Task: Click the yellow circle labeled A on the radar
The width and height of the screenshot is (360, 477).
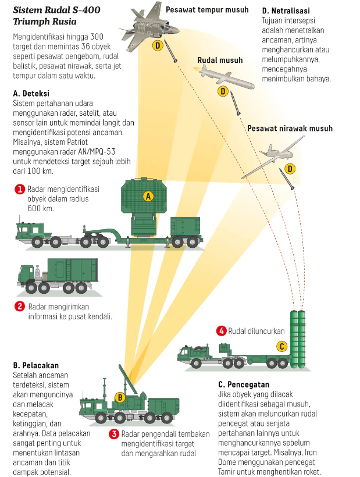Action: tap(148, 196)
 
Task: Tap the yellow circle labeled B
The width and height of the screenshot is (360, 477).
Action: tap(120, 398)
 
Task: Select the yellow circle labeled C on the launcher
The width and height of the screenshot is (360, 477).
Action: tap(281, 347)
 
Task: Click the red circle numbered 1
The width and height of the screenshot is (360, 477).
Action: tap(19, 189)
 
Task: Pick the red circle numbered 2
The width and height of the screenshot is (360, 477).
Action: tap(19, 307)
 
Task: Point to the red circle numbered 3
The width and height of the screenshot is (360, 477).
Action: tap(115, 434)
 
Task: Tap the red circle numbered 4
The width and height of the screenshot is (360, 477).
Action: tap(221, 331)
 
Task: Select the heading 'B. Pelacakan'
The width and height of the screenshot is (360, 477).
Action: tap(36, 365)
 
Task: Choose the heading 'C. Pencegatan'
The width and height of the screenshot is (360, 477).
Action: tap(244, 385)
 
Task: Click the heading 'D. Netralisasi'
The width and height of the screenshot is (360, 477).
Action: tap(286, 10)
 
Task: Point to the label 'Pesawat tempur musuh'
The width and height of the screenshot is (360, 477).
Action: tap(207, 9)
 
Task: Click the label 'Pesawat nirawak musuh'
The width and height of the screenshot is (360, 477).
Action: tap(286, 128)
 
